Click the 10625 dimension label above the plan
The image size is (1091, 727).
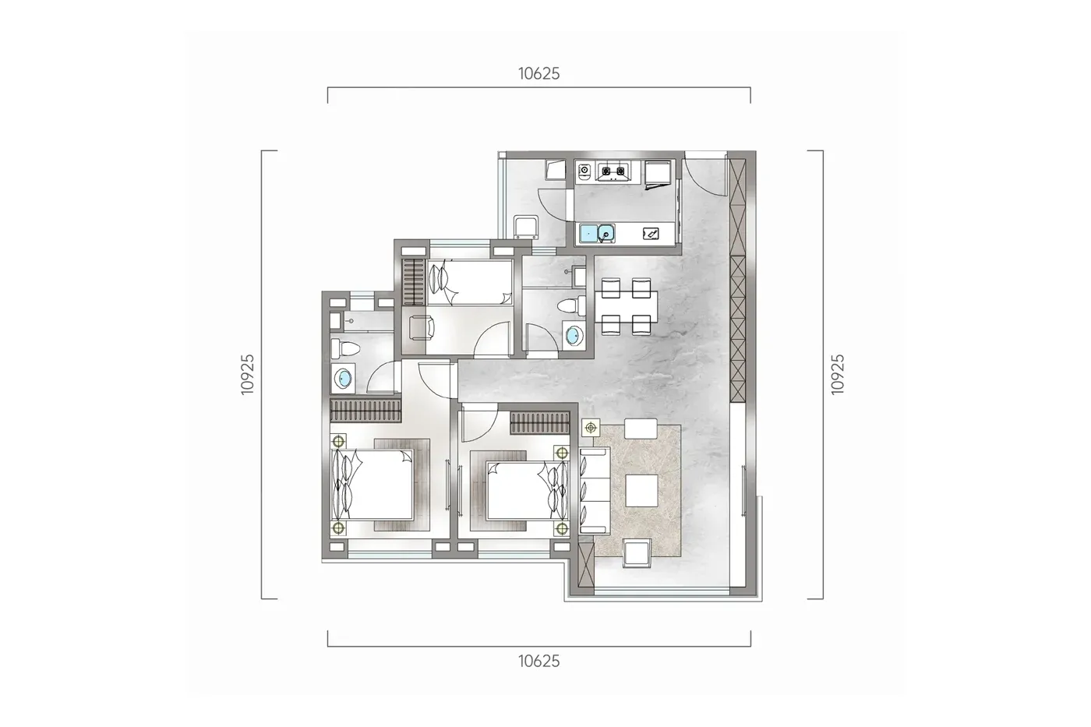coord(538,73)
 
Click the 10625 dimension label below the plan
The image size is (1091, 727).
coord(538,662)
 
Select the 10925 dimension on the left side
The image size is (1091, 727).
coord(248,374)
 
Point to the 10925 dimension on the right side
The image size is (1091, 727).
coord(837,374)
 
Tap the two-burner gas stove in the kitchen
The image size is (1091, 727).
coord(613,171)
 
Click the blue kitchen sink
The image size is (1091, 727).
coord(597,233)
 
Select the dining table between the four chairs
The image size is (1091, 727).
coord(626,307)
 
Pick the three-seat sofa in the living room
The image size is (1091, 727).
coord(595,491)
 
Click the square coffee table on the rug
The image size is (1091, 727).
coord(641,491)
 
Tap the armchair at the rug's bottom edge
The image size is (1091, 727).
coord(637,553)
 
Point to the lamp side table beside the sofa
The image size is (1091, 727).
coord(591,428)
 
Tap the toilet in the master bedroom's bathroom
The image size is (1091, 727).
coord(344,348)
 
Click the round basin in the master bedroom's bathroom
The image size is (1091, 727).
coord(344,379)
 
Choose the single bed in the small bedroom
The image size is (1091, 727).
coord(469,282)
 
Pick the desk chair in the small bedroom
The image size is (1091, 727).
coord(422,328)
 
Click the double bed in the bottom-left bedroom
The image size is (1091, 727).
coord(372,485)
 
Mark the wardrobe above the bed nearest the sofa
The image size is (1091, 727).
coord(539,423)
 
